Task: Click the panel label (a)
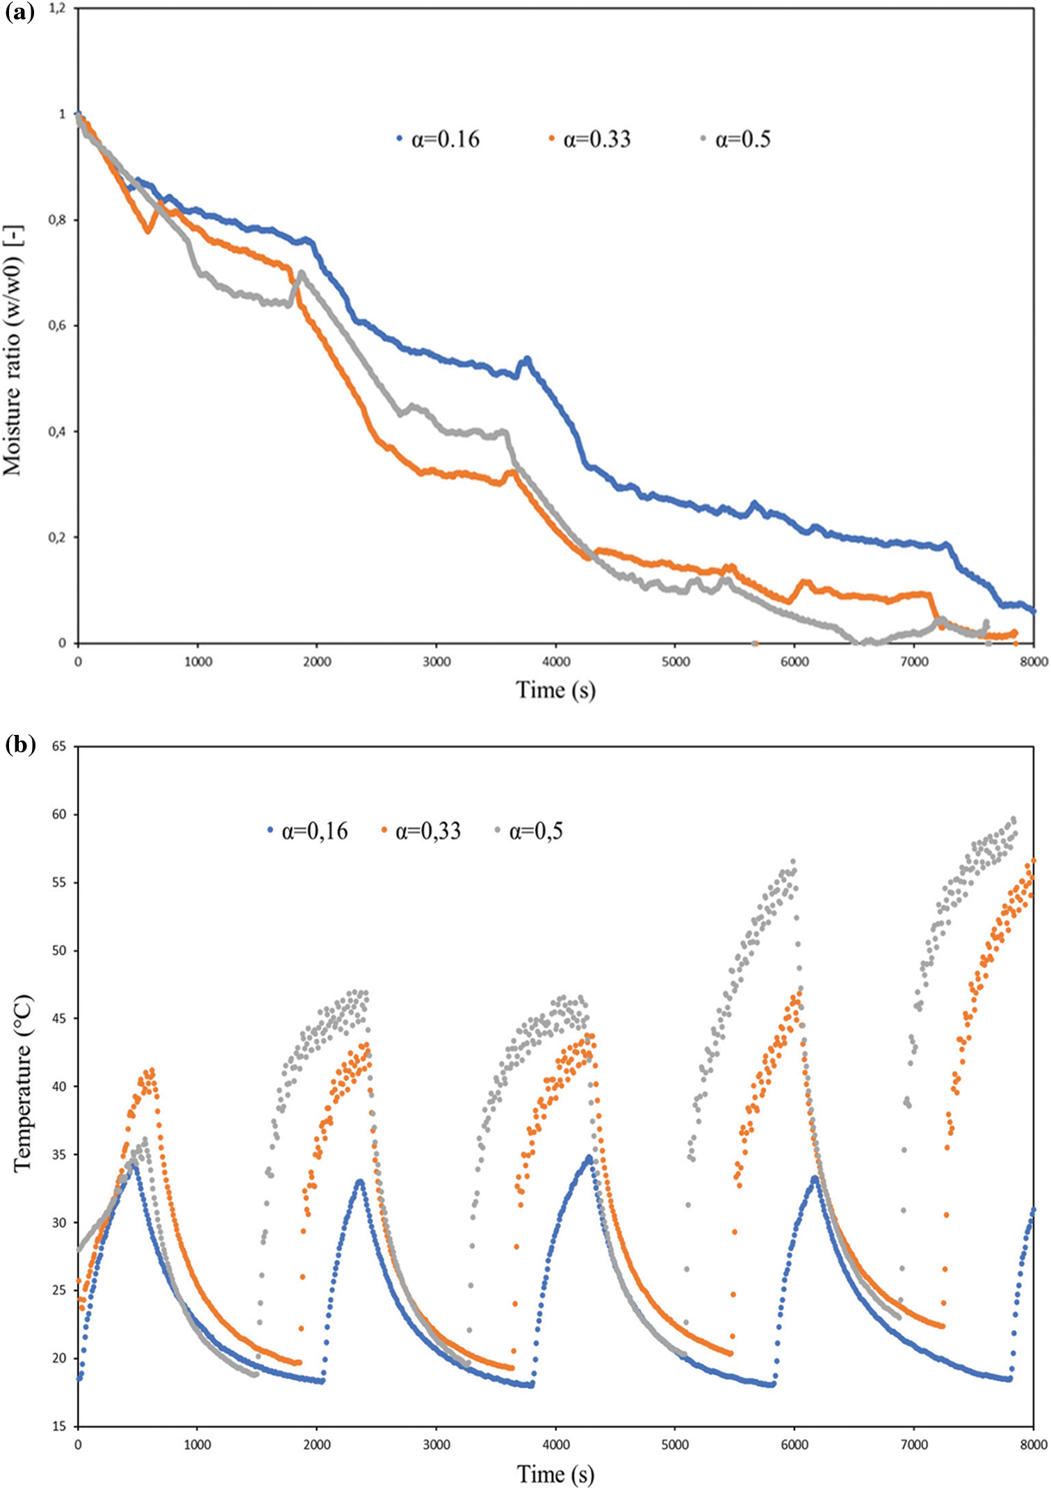click(19, 13)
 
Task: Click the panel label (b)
click(19, 745)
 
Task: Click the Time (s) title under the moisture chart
click(555, 690)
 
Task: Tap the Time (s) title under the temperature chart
click(555, 1473)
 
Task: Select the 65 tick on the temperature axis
click(60, 746)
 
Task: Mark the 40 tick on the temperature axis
click(60, 1087)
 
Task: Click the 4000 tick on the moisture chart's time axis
click(556, 661)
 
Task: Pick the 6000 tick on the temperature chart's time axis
click(795, 1445)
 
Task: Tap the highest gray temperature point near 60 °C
click(1013, 819)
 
